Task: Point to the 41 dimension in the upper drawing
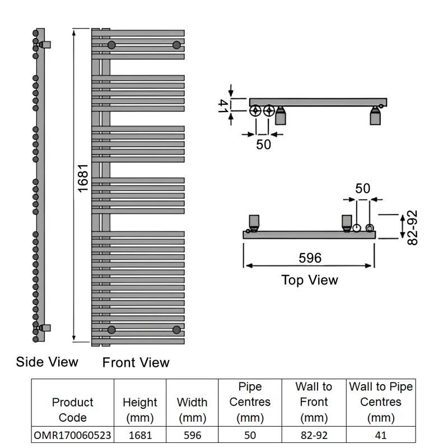[223, 106]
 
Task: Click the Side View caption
[47, 362]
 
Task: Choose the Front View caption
[136, 362]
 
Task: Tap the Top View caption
[310, 279]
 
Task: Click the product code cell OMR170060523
[72, 435]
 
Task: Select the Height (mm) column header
[140, 409]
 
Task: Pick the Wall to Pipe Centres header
[381, 402]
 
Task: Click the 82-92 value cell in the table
[314, 435]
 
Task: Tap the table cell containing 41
[381, 435]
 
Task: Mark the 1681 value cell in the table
[140, 435]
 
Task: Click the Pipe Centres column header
[250, 402]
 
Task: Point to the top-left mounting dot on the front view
[112, 45]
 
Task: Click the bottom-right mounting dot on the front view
[177, 329]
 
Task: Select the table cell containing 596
[192, 435]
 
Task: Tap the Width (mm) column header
[192, 409]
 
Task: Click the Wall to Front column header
[314, 402]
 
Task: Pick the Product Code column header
[72, 409]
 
